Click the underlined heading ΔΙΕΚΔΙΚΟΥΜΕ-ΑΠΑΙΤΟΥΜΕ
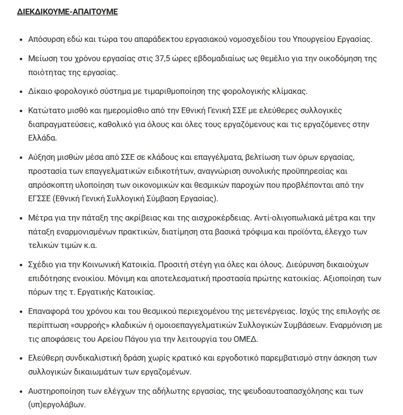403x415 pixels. point(67,12)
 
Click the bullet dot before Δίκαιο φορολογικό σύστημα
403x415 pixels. point(20,91)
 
